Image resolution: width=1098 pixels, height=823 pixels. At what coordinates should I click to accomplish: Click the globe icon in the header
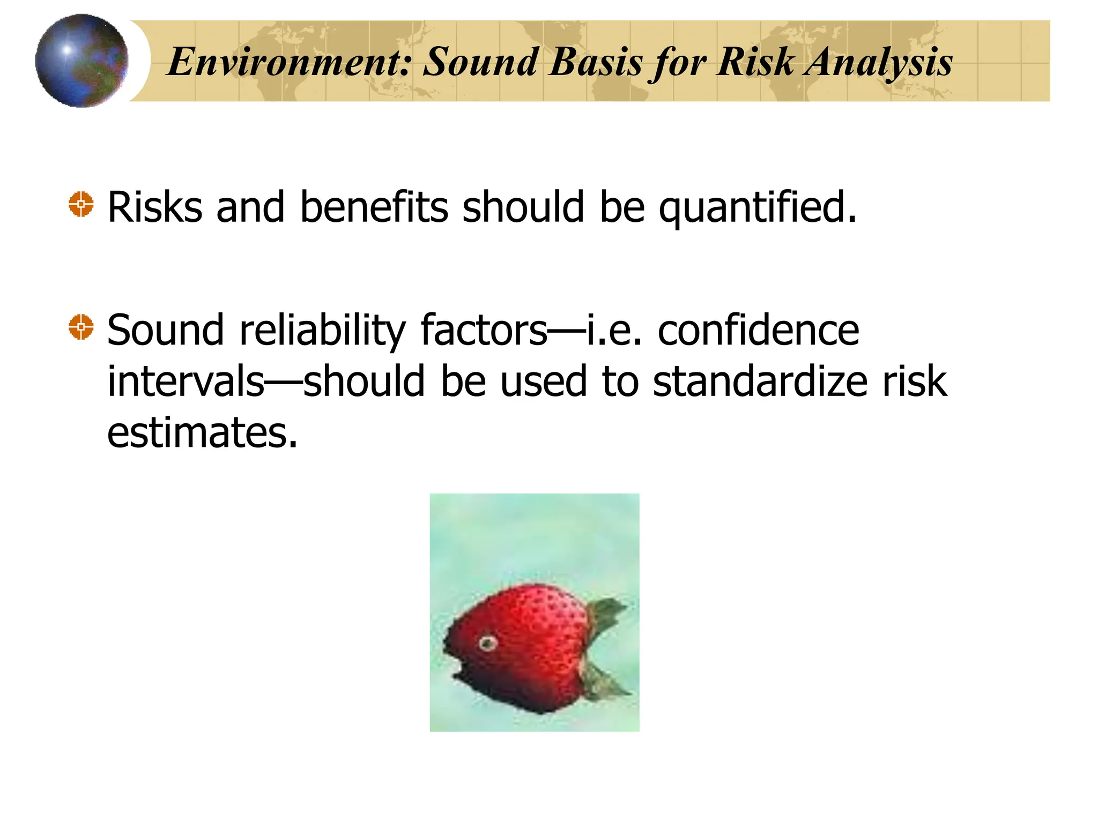click(81, 61)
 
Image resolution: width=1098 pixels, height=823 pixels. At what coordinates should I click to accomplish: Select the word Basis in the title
click(596, 62)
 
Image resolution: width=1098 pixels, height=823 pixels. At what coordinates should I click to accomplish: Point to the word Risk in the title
click(755, 62)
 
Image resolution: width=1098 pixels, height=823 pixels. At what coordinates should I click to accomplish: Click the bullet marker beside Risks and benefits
click(81, 204)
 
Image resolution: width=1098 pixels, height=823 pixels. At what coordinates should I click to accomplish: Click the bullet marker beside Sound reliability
click(81, 327)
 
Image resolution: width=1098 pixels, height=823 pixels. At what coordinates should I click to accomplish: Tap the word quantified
click(757, 208)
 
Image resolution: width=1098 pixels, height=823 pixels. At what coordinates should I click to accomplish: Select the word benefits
click(374, 207)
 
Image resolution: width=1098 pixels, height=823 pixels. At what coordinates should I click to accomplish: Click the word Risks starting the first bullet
click(155, 207)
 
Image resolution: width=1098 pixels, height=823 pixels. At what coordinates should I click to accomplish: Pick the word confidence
click(758, 330)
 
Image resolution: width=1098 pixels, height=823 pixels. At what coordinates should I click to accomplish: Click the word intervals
click(186, 381)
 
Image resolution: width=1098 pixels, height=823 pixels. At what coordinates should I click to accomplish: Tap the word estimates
click(202, 433)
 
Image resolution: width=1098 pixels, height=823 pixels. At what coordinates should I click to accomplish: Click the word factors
click(484, 330)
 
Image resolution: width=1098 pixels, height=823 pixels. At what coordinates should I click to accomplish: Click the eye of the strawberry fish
click(487, 642)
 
